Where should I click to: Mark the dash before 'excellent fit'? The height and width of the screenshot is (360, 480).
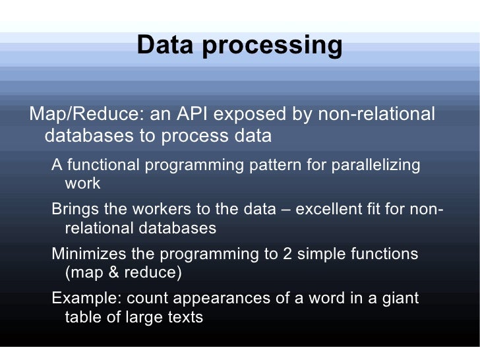tap(287, 210)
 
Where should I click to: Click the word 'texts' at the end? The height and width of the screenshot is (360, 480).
tap(184, 317)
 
